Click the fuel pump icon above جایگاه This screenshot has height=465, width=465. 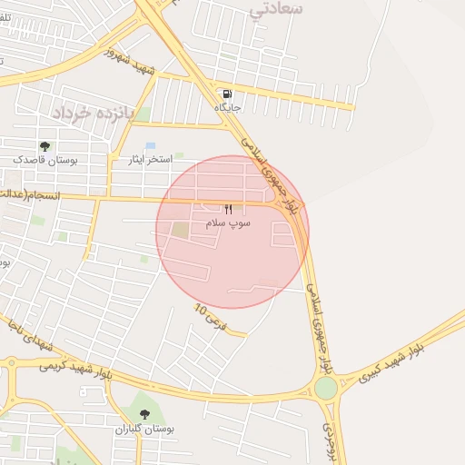(x=224, y=94)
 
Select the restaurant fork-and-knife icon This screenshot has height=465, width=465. (x=216, y=210)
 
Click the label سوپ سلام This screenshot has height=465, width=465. (x=227, y=223)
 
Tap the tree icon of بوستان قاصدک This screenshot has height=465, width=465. (x=45, y=146)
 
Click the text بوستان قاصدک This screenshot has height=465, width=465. (x=45, y=160)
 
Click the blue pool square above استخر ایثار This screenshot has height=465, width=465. (x=151, y=145)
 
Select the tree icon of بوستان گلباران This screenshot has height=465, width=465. (x=145, y=414)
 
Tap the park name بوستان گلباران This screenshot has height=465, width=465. (x=145, y=428)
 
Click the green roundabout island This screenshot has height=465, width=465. (x=326, y=388)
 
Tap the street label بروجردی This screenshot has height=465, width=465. (x=330, y=440)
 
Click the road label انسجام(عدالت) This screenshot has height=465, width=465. (x=27, y=194)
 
